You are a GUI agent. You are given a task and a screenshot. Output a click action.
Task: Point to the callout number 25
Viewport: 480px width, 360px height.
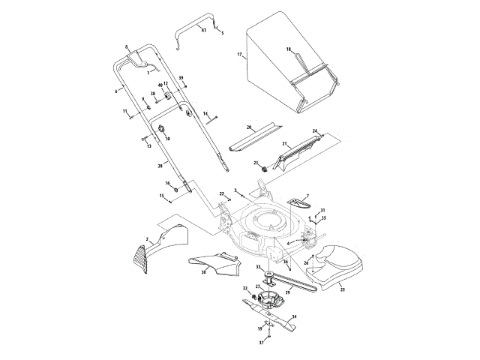343,289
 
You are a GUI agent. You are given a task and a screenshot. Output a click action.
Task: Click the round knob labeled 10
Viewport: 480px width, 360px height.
160,130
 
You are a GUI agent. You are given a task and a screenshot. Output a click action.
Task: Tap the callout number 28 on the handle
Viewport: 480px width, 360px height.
158,165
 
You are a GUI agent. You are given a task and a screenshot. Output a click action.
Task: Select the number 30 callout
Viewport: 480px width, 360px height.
202,273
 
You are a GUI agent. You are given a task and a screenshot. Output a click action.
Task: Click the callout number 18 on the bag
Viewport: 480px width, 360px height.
288,49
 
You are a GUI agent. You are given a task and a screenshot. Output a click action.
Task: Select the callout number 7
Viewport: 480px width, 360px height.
306,194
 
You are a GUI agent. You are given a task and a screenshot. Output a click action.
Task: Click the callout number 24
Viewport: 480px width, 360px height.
315,130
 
